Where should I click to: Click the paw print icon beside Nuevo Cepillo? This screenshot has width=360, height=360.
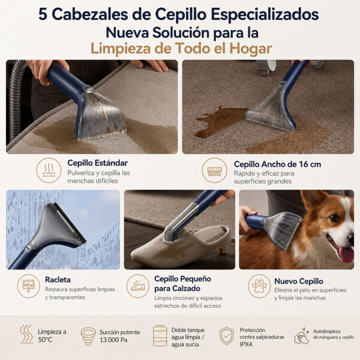259,286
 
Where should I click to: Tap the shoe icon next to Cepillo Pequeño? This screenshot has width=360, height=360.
138,286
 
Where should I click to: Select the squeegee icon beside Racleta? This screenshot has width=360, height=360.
29,286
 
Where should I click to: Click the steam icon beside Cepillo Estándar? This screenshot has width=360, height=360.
49,170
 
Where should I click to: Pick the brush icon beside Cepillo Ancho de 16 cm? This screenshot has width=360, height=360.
214,170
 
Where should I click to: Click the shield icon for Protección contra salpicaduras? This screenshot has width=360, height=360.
227,336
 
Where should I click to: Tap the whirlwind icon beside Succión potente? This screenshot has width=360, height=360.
88,336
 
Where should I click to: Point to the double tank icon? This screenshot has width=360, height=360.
160,335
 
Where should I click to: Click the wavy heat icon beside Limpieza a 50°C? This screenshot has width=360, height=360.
26,334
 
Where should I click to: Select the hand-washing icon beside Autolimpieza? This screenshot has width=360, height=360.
301,336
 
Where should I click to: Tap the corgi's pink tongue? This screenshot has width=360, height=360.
346,254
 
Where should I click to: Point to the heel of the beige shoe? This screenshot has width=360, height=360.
222,250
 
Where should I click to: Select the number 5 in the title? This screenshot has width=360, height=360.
43,14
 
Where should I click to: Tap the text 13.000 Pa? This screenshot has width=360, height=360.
113,340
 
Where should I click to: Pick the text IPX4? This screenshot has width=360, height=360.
246,344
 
